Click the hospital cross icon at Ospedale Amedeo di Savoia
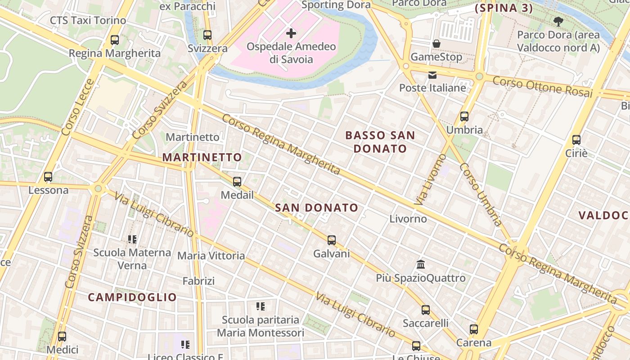point(291,33)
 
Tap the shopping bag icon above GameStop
point(436,44)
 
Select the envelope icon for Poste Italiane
point(432,75)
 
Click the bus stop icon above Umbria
point(464,117)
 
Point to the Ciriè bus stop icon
point(576,140)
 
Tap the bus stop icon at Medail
point(237,182)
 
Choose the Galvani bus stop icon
point(332,240)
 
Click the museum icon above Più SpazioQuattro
point(421,264)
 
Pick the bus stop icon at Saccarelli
point(425,310)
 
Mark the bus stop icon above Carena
point(474,329)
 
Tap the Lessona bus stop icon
point(48,177)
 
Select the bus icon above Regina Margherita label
point(115,40)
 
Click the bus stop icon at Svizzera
point(207,35)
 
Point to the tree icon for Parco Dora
point(558,21)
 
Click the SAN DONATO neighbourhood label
point(316,208)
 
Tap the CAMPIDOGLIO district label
point(132,297)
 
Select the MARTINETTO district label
point(202,157)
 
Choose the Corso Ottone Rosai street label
point(542,86)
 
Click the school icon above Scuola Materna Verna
point(132,239)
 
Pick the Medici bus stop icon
point(62,336)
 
